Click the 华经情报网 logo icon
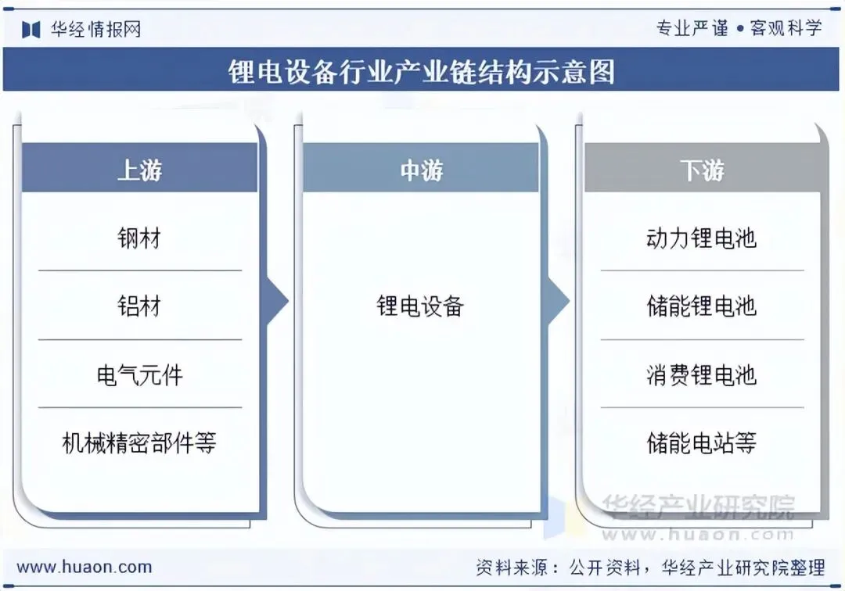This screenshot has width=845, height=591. pyautogui.click(x=31, y=30)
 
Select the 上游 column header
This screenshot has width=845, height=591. pyautogui.click(x=139, y=170)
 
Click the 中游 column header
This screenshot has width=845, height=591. pyautogui.click(x=421, y=170)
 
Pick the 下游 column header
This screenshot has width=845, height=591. pyautogui.click(x=702, y=170)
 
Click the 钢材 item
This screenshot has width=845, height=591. pyautogui.click(x=139, y=238)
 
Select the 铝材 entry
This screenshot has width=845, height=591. pyautogui.click(x=139, y=306)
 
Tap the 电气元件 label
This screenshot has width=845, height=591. pyautogui.click(x=139, y=374)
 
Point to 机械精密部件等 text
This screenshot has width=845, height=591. pyautogui.click(x=139, y=443)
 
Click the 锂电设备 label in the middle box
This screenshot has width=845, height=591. pyautogui.click(x=421, y=306)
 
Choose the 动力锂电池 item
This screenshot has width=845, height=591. pyautogui.click(x=702, y=238)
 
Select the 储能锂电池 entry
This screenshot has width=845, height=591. pyautogui.click(x=702, y=306)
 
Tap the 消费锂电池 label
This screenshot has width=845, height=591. pyautogui.click(x=702, y=374)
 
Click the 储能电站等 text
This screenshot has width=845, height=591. pyautogui.click(x=702, y=443)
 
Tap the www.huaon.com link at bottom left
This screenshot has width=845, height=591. pyautogui.click(x=84, y=567)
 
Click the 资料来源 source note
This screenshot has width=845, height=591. pyautogui.click(x=650, y=567)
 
